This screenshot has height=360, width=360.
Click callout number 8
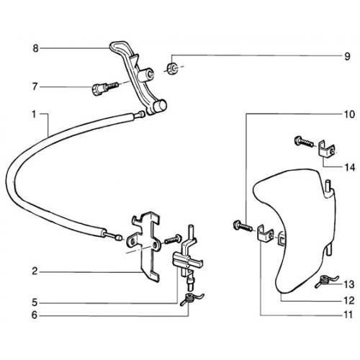click(x=35, y=48)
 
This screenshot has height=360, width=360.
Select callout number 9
click(x=347, y=57)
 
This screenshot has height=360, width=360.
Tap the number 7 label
click(x=35, y=87)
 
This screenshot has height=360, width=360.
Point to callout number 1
click(x=34, y=114)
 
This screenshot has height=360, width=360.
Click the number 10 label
click(x=349, y=114)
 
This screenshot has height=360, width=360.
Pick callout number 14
click(x=350, y=167)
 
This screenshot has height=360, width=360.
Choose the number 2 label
click(x=35, y=271)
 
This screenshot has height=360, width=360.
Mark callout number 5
click(x=35, y=302)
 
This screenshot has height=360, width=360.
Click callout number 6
click(x=35, y=315)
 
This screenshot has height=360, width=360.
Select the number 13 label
click(x=349, y=284)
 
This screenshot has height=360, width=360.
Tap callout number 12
click(x=349, y=300)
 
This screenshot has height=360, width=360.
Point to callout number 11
click(x=348, y=315)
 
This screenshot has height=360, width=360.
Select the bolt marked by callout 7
click(x=105, y=88)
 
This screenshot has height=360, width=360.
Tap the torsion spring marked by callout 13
click(x=326, y=281)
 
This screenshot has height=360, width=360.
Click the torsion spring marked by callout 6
click(x=192, y=299)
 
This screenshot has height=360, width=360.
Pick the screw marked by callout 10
click(x=243, y=226)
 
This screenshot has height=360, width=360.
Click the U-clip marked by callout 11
click(x=265, y=233)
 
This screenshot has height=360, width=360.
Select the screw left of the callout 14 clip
click(x=304, y=142)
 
